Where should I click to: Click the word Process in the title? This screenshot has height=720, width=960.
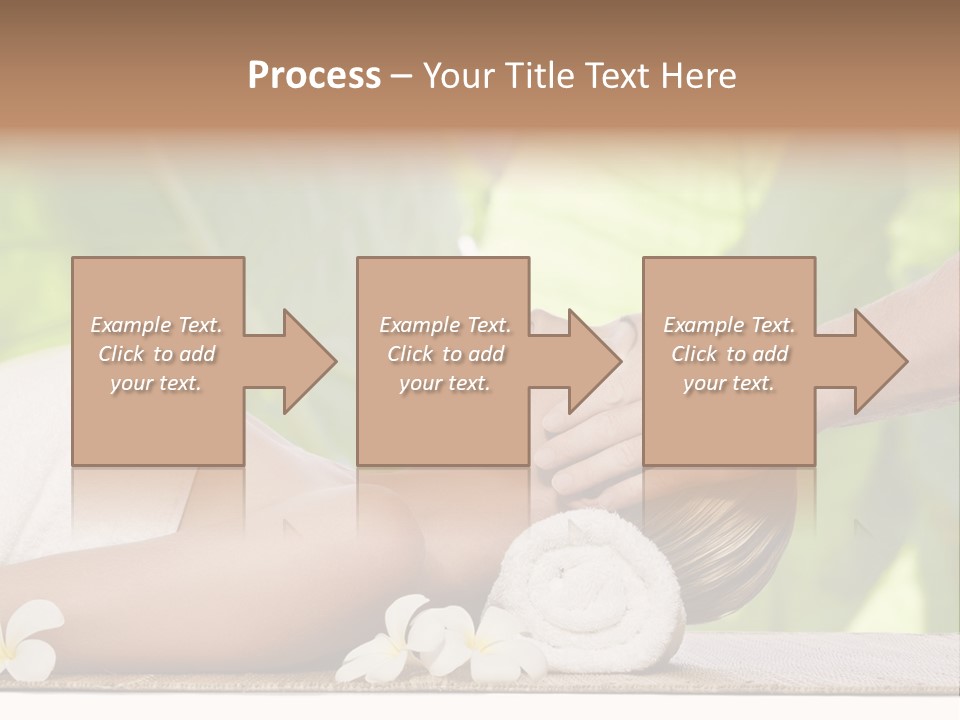click(314, 76)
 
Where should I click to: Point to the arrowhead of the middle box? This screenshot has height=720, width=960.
click(594, 361)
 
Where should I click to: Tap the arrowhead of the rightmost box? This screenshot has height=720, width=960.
click(879, 361)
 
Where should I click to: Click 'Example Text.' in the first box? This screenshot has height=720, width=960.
click(157, 325)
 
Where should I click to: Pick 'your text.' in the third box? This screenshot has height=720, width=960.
click(729, 383)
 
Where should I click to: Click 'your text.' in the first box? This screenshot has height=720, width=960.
click(157, 383)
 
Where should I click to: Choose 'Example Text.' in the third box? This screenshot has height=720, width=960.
click(729, 325)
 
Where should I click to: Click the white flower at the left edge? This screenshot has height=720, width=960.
click(25, 640)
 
